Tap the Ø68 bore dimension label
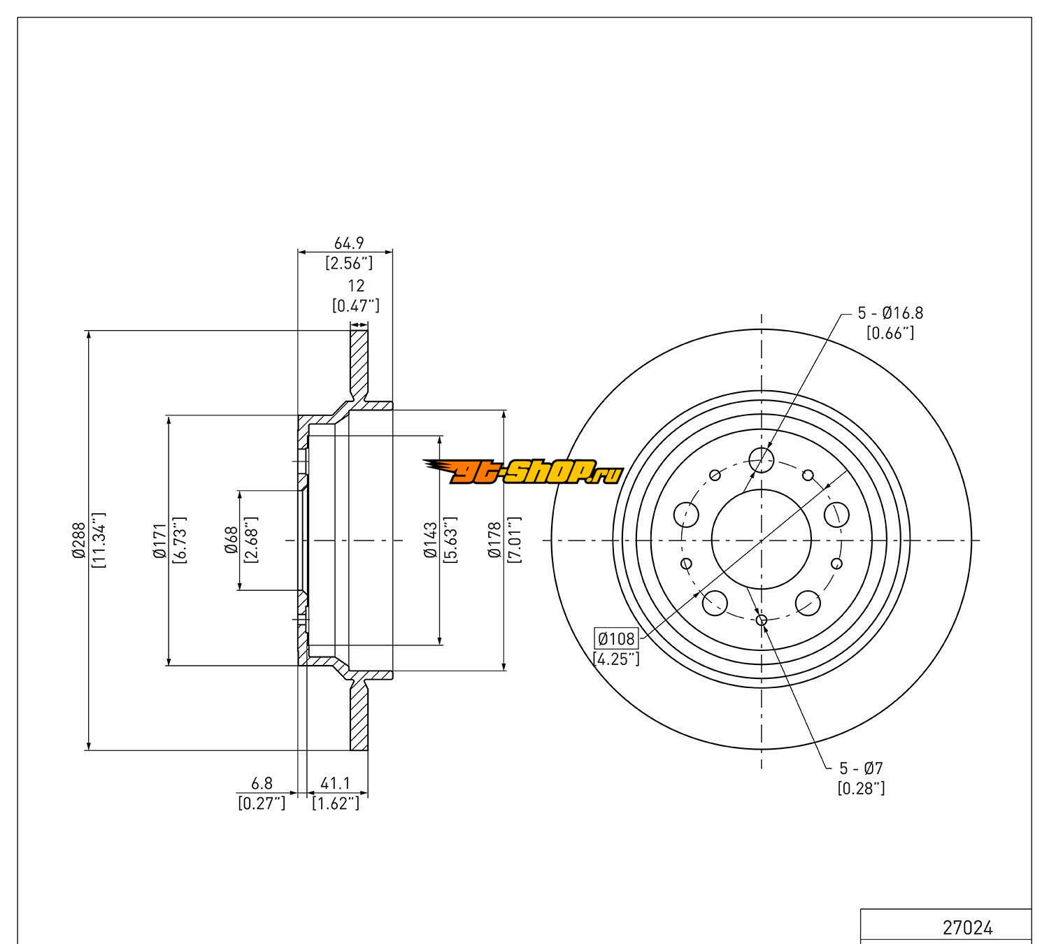tap(232, 541)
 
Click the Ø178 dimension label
tap(495, 541)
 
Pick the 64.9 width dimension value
tap(348, 243)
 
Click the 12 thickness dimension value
tap(356, 286)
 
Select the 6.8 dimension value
tap(262, 785)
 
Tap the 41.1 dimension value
tap(335, 785)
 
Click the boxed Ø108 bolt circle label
tap(615, 638)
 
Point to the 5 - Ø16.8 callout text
tap(890, 313)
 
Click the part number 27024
tap(967, 928)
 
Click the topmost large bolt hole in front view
tap(762, 459)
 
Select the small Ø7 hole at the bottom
tap(762, 620)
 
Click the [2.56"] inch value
tap(348, 263)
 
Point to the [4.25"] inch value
tap(615, 658)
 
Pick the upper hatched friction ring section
tap(358, 364)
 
